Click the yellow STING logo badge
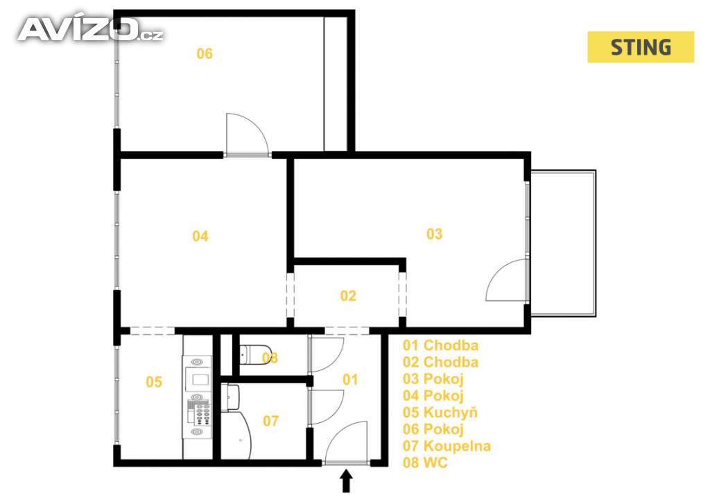tap(640, 46)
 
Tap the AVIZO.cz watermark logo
tap(91, 29)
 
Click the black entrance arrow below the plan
tap(347, 481)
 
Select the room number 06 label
tap(205, 54)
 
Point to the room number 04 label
tap(200, 236)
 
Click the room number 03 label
tap(434, 234)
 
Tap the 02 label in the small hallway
tap(348, 296)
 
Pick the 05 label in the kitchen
tap(154, 382)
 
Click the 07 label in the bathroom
tap(271, 421)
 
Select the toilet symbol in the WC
tap(255, 354)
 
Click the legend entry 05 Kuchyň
tap(440, 413)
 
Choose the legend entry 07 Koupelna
tap(447, 446)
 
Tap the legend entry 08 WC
tap(425, 462)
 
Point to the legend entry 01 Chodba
tap(440, 345)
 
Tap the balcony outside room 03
tap(563, 243)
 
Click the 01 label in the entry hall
tap(350, 379)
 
